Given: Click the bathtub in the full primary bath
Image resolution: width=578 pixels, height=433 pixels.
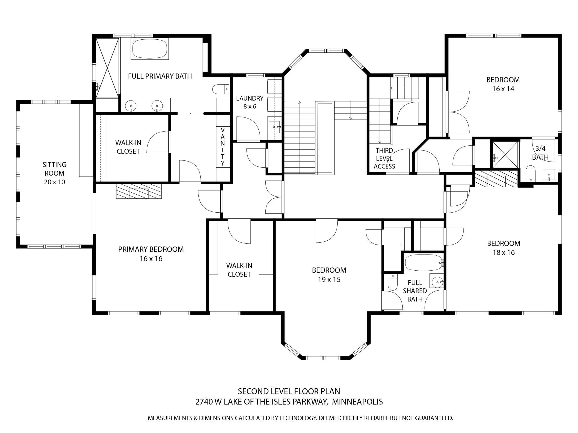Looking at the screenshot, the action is pos(150,49).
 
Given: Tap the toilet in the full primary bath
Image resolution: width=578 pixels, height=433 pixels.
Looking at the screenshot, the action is pos(221,89).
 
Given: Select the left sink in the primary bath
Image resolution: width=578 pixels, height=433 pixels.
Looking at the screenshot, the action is pos(130,106).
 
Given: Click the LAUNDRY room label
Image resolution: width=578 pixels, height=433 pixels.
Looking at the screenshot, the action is pos(250,98).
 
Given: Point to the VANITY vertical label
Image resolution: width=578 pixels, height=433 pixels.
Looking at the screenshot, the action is pos(223,147).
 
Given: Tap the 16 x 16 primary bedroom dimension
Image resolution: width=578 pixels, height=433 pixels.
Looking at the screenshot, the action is pos(151,259).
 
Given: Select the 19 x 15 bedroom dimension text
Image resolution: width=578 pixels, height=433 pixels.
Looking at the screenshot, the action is pos(329,280).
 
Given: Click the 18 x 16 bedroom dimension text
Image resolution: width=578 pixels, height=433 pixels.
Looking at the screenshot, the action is pos(504,253).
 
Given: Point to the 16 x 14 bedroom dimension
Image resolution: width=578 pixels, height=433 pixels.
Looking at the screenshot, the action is pos(503,89).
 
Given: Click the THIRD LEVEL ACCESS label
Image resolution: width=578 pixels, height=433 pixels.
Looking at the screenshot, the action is pos(384,158).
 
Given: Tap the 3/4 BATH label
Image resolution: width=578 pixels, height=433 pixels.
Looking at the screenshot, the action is pos(540,153).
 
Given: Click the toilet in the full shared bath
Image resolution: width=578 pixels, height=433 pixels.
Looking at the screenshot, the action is pos(392,282).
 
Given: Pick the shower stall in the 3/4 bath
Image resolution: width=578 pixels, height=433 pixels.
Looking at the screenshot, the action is pos(505,155).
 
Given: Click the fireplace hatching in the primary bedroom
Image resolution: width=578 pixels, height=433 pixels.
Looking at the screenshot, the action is pos(139,191).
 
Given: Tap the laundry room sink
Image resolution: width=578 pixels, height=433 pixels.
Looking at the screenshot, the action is pos(275,127).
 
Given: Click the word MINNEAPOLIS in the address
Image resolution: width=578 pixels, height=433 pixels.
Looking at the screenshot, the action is pos(357,402).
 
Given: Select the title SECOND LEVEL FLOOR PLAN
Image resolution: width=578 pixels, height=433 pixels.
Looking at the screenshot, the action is pos(289,391).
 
